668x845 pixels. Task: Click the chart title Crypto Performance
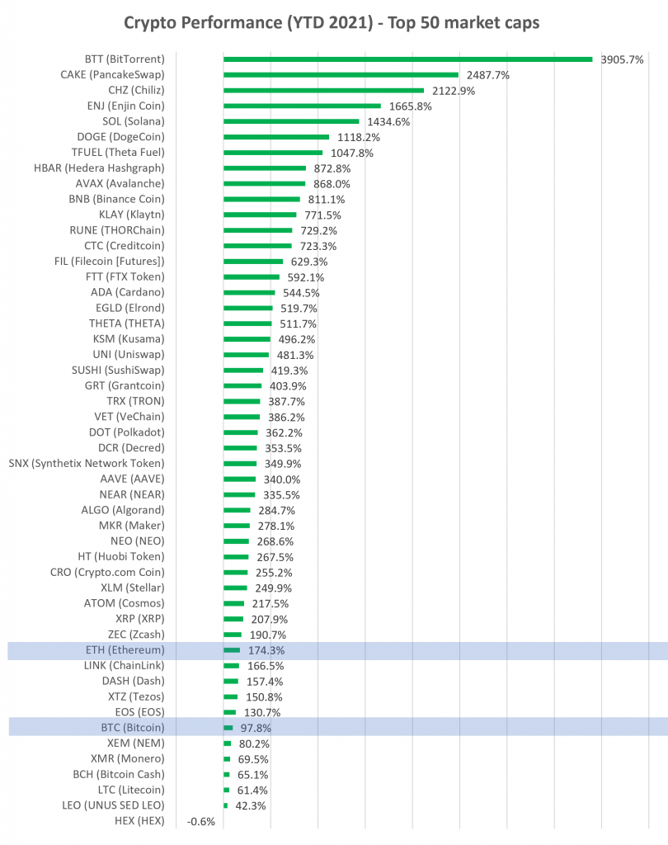coord(332,22)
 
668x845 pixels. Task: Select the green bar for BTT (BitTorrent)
coord(407,59)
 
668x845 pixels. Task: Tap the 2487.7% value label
coord(488,75)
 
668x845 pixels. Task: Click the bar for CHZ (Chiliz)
coord(323,91)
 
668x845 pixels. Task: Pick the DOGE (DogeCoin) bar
coord(276,137)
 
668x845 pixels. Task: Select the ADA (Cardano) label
coord(128,292)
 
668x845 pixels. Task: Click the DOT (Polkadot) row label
coord(127,432)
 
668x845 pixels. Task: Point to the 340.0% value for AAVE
coord(281,479)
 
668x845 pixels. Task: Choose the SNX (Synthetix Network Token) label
coord(87,464)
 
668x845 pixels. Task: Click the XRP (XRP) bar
coord(233,619)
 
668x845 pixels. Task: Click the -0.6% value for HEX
coord(200,821)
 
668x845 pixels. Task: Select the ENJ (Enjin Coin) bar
coord(302,106)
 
